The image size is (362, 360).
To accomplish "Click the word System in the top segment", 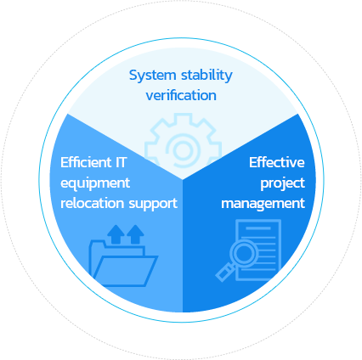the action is point(153,76).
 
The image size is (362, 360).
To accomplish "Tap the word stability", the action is point(206,76).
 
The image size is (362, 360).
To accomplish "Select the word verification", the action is point(181,95).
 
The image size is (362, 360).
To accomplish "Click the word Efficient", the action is point(86,162).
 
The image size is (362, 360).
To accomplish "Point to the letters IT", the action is point(121,162).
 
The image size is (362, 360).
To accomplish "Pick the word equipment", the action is point(95,183).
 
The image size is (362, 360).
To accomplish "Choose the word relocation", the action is point(93,203).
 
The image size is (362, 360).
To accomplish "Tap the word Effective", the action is point(277,162).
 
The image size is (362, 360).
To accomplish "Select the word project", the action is point(283,183).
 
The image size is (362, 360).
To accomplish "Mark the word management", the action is point(263,204).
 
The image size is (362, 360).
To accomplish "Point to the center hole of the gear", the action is point(183,149).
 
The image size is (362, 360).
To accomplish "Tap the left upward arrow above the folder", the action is point(116,234).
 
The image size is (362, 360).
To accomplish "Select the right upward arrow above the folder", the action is point(135,234).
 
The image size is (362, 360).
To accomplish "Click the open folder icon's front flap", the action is point(126,271).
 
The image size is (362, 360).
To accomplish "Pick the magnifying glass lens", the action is point(244,253).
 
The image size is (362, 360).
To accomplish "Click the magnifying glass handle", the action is point(225,272).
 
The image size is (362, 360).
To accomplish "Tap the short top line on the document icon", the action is point(258,228).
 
